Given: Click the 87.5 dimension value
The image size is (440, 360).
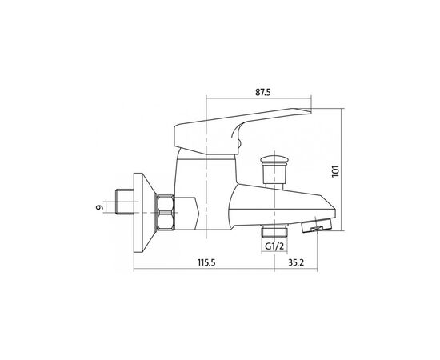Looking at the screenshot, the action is click(x=263, y=92).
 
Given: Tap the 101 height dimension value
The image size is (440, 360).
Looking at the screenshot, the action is click(x=335, y=171).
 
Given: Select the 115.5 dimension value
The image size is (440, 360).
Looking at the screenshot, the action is click(x=206, y=262).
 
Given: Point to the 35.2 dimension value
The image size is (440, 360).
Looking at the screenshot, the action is click(x=296, y=262).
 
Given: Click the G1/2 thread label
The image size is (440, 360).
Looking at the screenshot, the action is click(x=274, y=246).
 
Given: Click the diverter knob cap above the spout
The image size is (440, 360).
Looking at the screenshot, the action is click(x=273, y=161).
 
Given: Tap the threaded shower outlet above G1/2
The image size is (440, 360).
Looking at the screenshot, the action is click(x=274, y=230).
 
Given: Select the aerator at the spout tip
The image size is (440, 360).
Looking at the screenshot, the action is click(x=316, y=225).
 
